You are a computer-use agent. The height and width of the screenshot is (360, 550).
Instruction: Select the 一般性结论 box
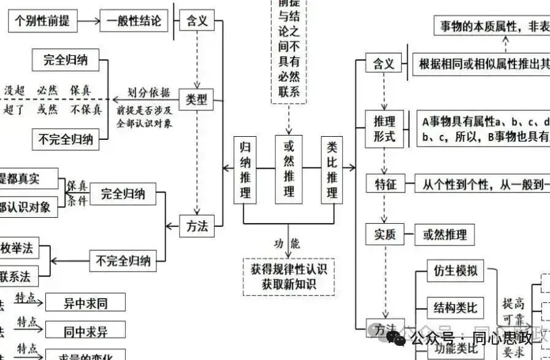point(133,21)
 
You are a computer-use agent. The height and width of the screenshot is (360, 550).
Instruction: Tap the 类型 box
point(197,100)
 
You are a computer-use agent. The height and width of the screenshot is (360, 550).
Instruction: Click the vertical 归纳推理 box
point(245,170)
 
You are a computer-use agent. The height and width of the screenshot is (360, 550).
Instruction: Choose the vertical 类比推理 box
point(332,170)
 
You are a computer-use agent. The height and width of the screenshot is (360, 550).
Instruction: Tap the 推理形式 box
point(384,128)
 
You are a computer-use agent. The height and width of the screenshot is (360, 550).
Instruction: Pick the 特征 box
point(385,183)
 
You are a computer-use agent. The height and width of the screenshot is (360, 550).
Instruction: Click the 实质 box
point(385,234)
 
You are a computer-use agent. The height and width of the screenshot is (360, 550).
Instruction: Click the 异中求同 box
point(85,302)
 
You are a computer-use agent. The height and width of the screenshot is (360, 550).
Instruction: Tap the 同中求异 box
point(85,332)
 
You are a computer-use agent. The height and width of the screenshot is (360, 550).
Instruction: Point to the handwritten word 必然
point(47,91)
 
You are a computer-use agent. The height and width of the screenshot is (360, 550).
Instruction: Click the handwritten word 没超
point(15,91)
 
